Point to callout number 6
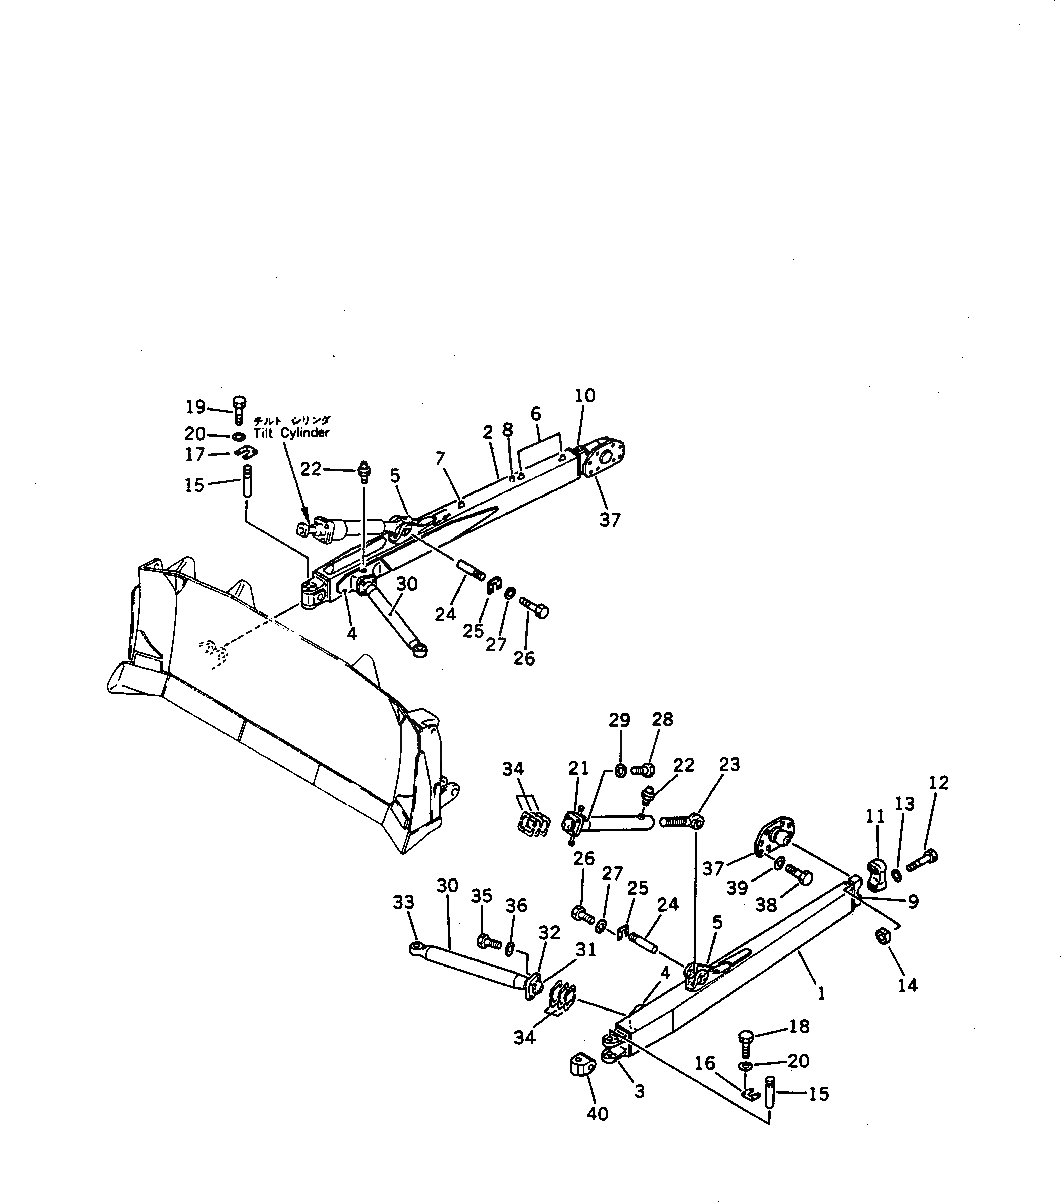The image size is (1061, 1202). pos(535,414)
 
